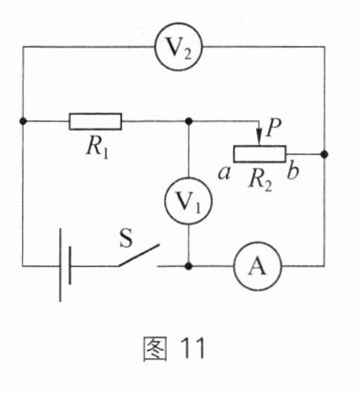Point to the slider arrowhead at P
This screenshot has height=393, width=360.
(259, 138)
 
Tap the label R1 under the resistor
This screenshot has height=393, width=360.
(98, 149)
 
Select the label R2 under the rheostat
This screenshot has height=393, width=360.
(261, 181)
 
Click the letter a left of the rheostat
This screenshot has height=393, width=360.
(224, 174)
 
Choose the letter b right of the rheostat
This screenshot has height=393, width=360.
(293, 171)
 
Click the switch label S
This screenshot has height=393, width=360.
(126, 238)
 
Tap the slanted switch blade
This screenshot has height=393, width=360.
(139, 255)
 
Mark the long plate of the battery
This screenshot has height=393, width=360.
(60, 264)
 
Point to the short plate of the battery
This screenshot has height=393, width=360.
(70, 265)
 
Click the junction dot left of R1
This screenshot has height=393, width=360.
(23, 121)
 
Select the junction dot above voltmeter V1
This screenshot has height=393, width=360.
(189, 121)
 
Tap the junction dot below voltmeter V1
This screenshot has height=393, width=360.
(189, 266)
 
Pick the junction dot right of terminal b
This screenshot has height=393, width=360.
(324, 154)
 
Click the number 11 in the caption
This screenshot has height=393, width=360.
(192, 348)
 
